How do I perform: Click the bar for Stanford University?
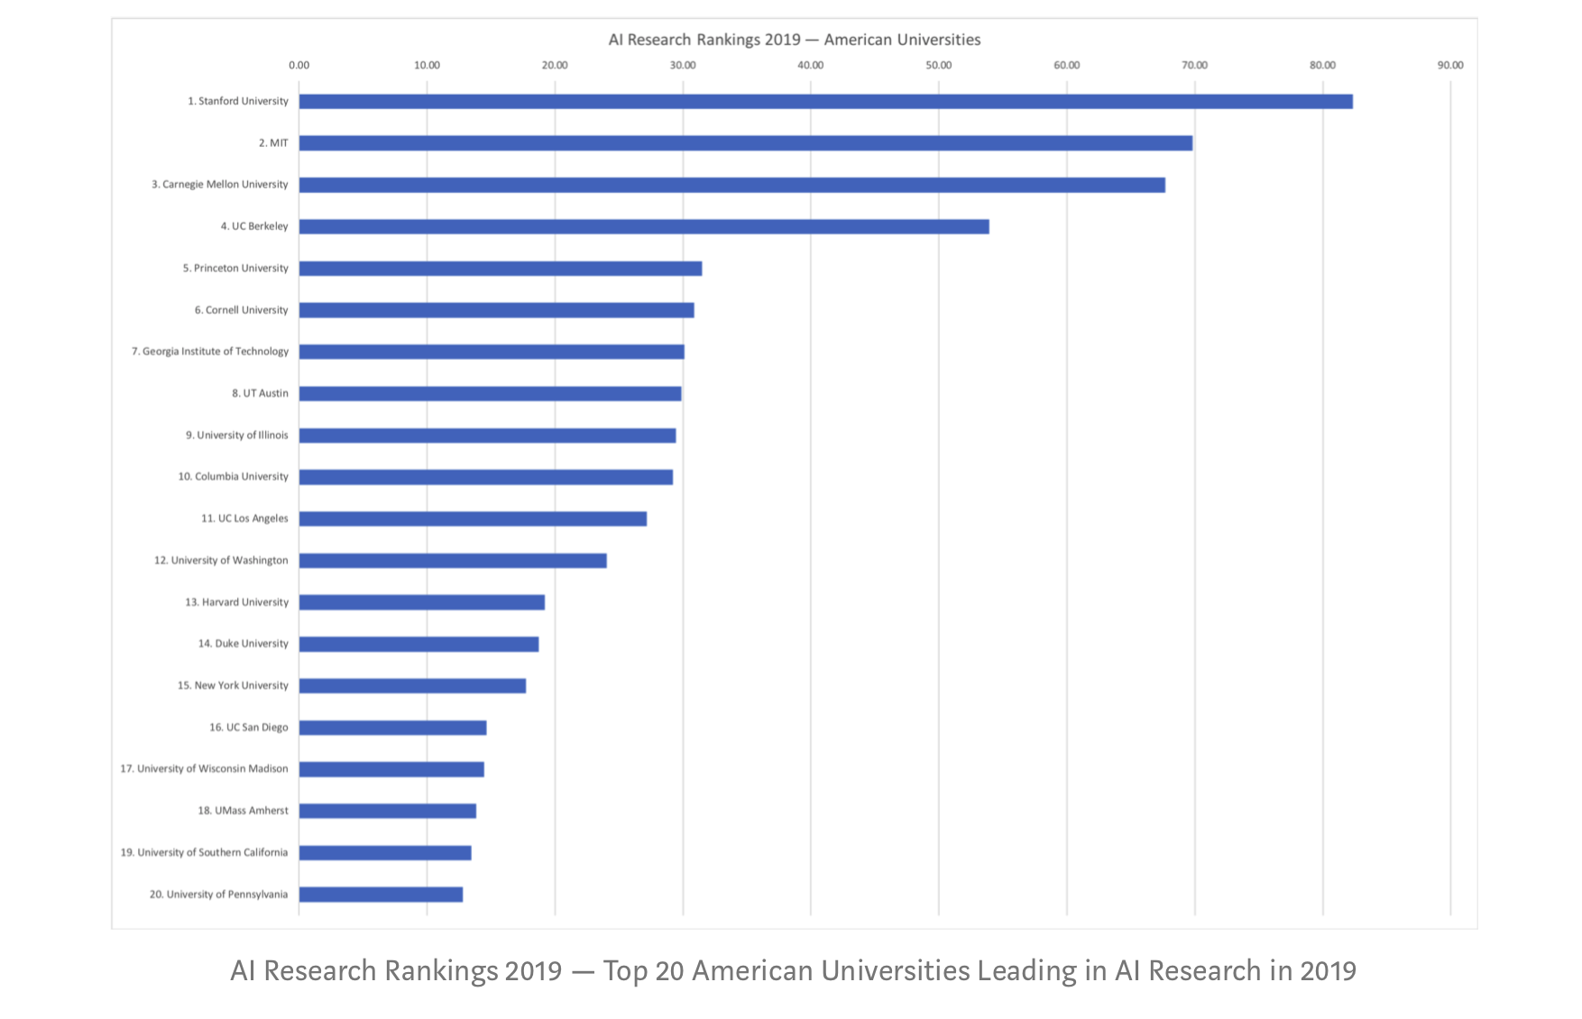click(x=825, y=102)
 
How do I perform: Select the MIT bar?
click(x=745, y=143)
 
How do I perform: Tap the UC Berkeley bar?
click(x=644, y=226)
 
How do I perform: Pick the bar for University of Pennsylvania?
click(x=381, y=895)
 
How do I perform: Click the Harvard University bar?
click(x=421, y=602)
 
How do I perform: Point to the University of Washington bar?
click(x=453, y=561)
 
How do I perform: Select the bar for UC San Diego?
click(x=392, y=728)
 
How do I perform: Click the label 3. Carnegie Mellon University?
click(x=220, y=185)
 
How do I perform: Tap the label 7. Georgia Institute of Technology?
click(x=210, y=352)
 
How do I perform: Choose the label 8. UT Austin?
click(x=260, y=393)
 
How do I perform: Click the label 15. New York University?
click(x=233, y=685)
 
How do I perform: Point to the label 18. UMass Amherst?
click(x=243, y=811)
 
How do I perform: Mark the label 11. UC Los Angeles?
click(x=244, y=519)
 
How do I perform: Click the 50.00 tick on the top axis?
click(x=938, y=65)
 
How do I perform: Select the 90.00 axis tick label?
click(x=1450, y=65)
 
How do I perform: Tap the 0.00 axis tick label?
click(x=299, y=65)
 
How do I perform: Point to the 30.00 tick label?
click(x=683, y=65)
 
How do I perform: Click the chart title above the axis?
click(x=794, y=40)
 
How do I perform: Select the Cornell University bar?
click(x=496, y=310)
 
